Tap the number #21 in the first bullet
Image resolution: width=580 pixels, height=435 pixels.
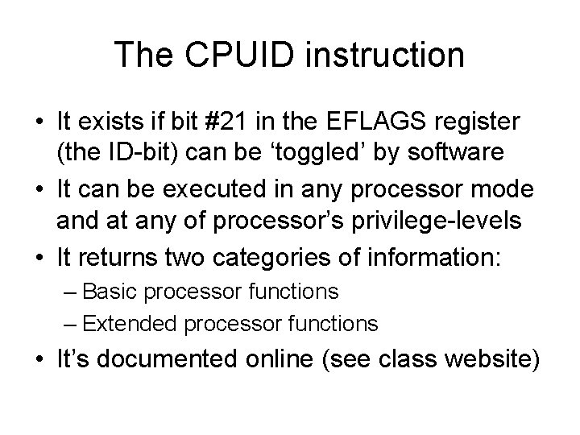point(234,123)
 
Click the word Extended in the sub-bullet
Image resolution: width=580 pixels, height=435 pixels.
point(130,324)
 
